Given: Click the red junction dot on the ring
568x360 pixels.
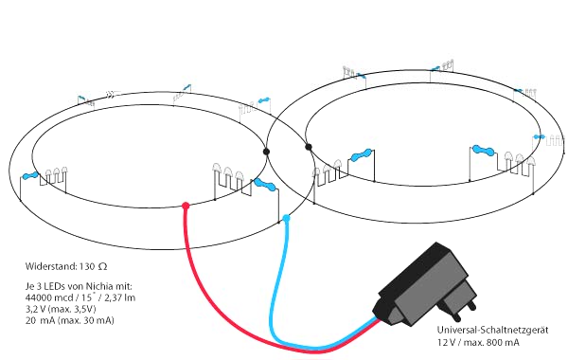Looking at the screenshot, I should (x=186, y=206).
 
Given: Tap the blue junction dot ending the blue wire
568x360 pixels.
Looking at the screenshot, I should (x=287, y=219).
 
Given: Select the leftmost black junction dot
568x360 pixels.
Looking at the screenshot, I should (x=267, y=151).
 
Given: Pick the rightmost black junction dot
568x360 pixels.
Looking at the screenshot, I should (x=308, y=147).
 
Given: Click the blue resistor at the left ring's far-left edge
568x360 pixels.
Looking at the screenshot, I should (x=29, y=177).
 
